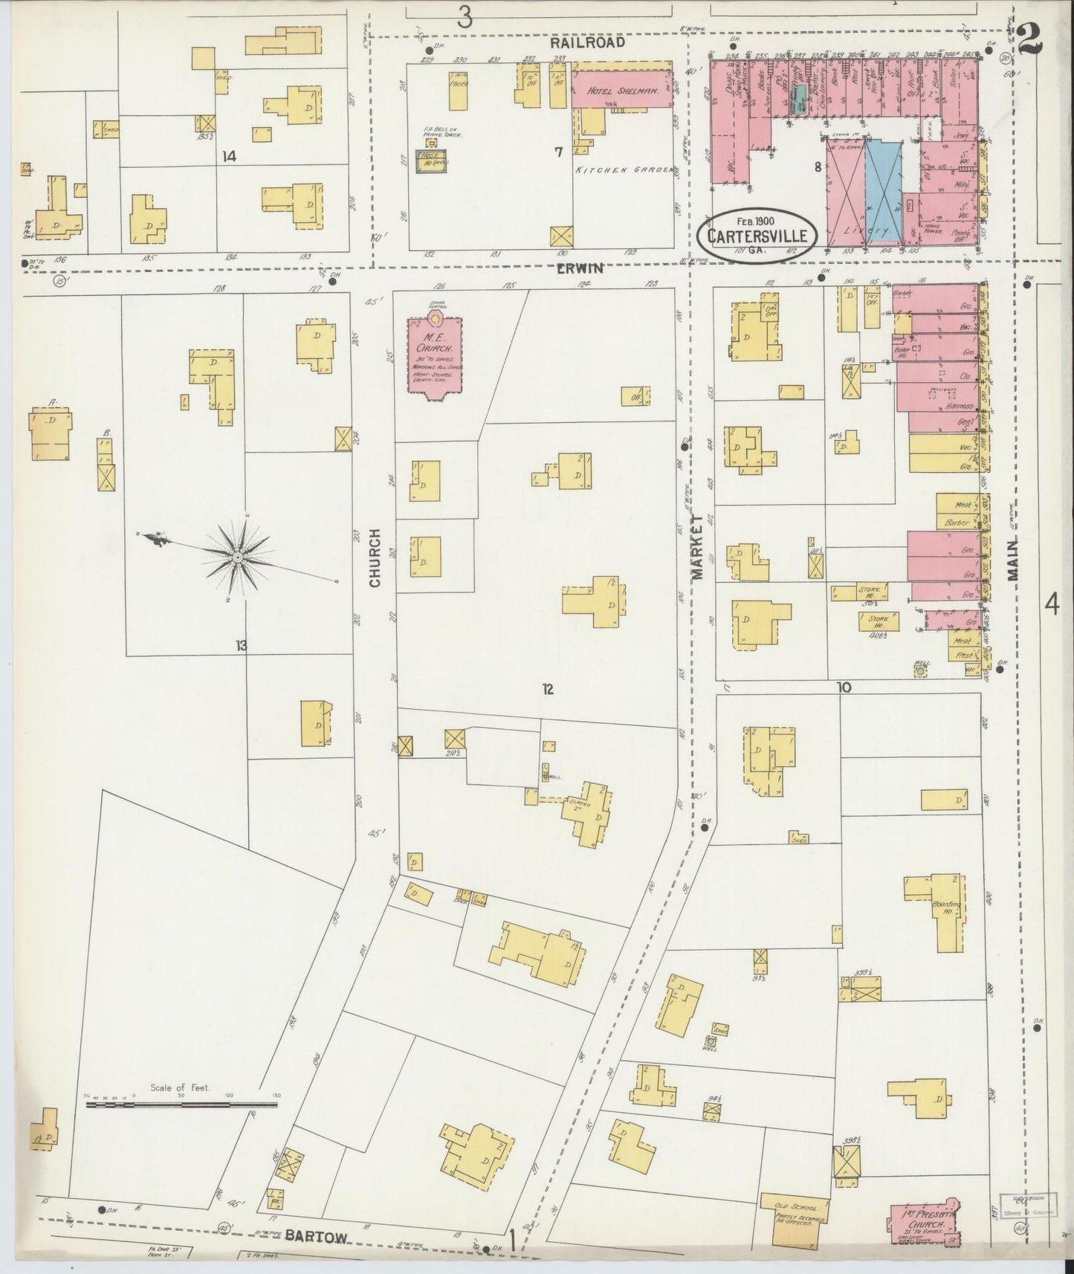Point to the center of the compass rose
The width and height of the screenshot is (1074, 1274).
(237, 557)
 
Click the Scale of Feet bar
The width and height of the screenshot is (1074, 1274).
(182, 1105)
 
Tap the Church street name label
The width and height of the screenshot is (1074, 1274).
(375, 557)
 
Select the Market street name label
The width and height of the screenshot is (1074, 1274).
(698, 546)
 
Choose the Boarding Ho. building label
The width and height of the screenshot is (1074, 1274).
(946, 908)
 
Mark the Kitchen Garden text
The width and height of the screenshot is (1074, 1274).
(627, 170)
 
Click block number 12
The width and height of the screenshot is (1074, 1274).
(547, 689)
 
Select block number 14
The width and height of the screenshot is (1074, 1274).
(229, 156)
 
